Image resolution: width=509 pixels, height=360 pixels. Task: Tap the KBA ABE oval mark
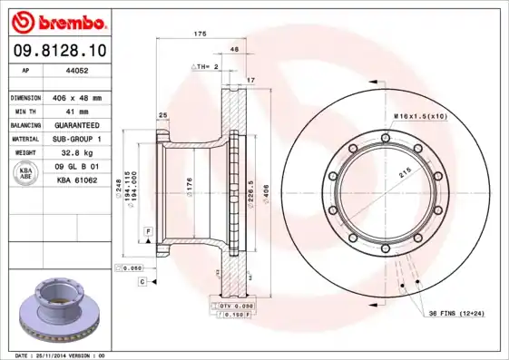coord(27,172)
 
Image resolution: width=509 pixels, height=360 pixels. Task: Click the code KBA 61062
coord(78,180)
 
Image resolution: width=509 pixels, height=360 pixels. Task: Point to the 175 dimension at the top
coord(200,34)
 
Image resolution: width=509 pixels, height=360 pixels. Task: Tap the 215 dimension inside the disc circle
coord(405,171)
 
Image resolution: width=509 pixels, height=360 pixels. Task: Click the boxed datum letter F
coord(147,233)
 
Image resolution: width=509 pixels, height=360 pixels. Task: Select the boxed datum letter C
coord(142,282)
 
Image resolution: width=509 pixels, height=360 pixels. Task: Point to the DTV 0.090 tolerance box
coord(236,307)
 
